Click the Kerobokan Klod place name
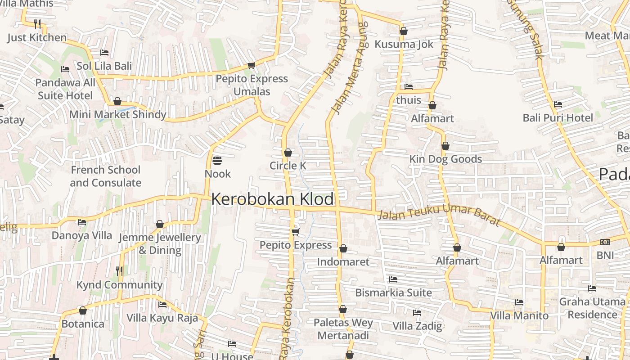pos(273,199)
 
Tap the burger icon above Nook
pos(217,161)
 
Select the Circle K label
pos(288,166)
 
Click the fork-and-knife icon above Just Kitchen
pos(37,24)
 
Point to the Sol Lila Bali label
pos(104,66)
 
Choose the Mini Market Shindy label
pos(117,114)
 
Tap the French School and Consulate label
pos(105,176)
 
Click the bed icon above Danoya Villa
pos(81,222)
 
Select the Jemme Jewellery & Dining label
pos(160,243)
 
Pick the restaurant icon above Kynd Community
pos(119,271)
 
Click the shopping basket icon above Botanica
pos(82,310)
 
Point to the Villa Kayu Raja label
pos(162,318)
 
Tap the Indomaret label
pos(343,262)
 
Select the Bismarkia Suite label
pos(393,292)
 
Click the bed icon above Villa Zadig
pos(417,313)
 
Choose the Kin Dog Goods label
pos(445,159)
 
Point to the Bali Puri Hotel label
pos(558,118)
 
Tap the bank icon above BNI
pos(605,242)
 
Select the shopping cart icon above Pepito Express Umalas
pos(251,66)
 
